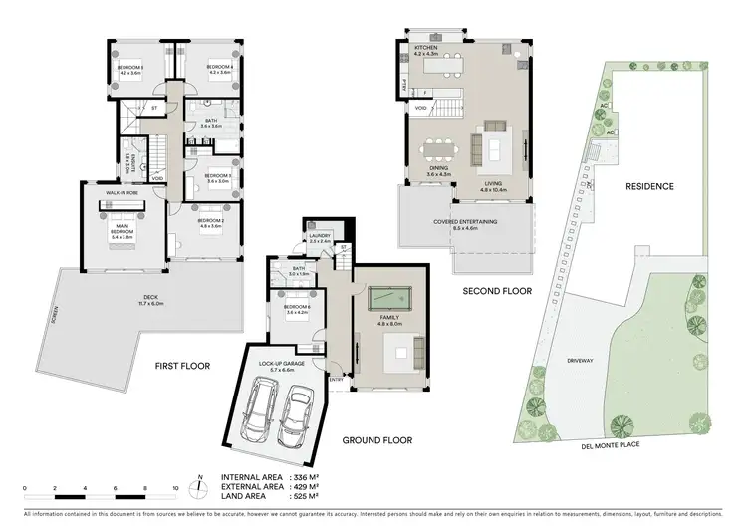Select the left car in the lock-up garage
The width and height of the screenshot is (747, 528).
[263, 411]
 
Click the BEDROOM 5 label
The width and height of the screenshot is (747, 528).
[129, 70]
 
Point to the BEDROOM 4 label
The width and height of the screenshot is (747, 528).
[219, 70]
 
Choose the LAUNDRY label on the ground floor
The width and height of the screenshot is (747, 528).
[319, 238]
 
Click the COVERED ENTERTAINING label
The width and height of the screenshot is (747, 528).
[466, 224]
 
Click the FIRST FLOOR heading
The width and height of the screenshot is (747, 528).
[181, 366]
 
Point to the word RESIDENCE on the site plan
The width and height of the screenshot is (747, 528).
[648, 186]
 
